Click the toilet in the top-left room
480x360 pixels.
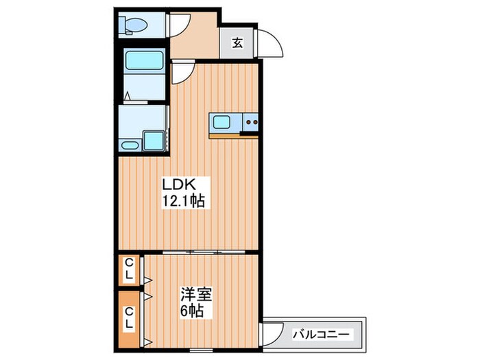click(133, 26)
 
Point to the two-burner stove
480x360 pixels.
click(250, 123)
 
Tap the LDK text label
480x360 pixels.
click(179, 184)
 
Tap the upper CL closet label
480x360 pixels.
click(129, 269)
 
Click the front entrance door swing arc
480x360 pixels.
click(272, 45)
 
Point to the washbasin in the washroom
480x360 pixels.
click(129, 144)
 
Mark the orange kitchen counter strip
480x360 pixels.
click(233, 135)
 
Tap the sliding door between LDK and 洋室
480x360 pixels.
click(199, 252)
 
